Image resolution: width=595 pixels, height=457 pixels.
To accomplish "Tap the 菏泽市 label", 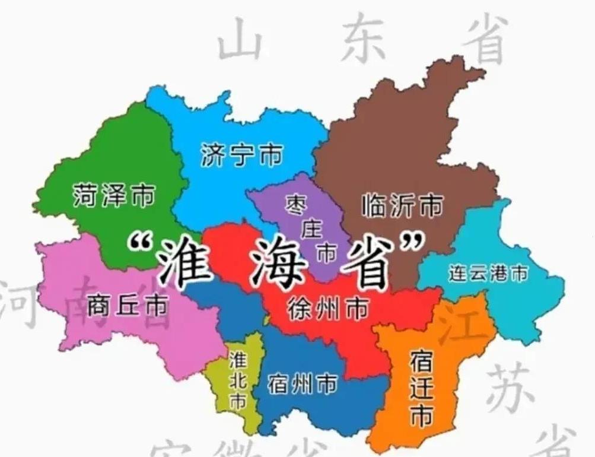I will point(114,195).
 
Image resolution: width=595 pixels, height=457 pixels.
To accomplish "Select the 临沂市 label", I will point(402,207).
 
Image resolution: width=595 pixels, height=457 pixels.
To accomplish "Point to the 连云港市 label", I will point(488,274).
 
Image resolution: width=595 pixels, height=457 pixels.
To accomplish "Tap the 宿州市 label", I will point(302,385).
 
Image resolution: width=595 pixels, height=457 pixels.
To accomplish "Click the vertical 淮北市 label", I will point(238,380).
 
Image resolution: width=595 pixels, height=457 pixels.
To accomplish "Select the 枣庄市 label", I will point(311,228).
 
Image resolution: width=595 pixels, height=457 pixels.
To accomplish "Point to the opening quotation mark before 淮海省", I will point(139,243).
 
